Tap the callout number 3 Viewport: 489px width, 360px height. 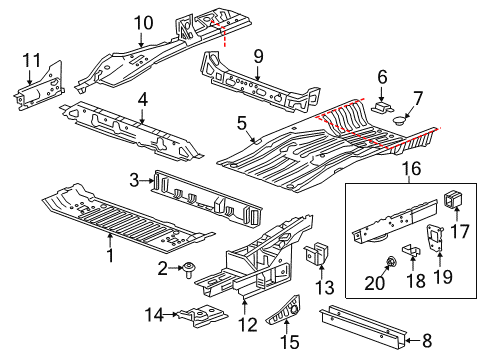point(135,179)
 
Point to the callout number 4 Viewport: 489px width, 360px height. point(143,99)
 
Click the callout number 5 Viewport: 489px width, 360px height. point(241,124)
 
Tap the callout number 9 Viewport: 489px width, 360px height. point(258,56)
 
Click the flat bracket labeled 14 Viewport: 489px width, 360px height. point(203,316)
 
